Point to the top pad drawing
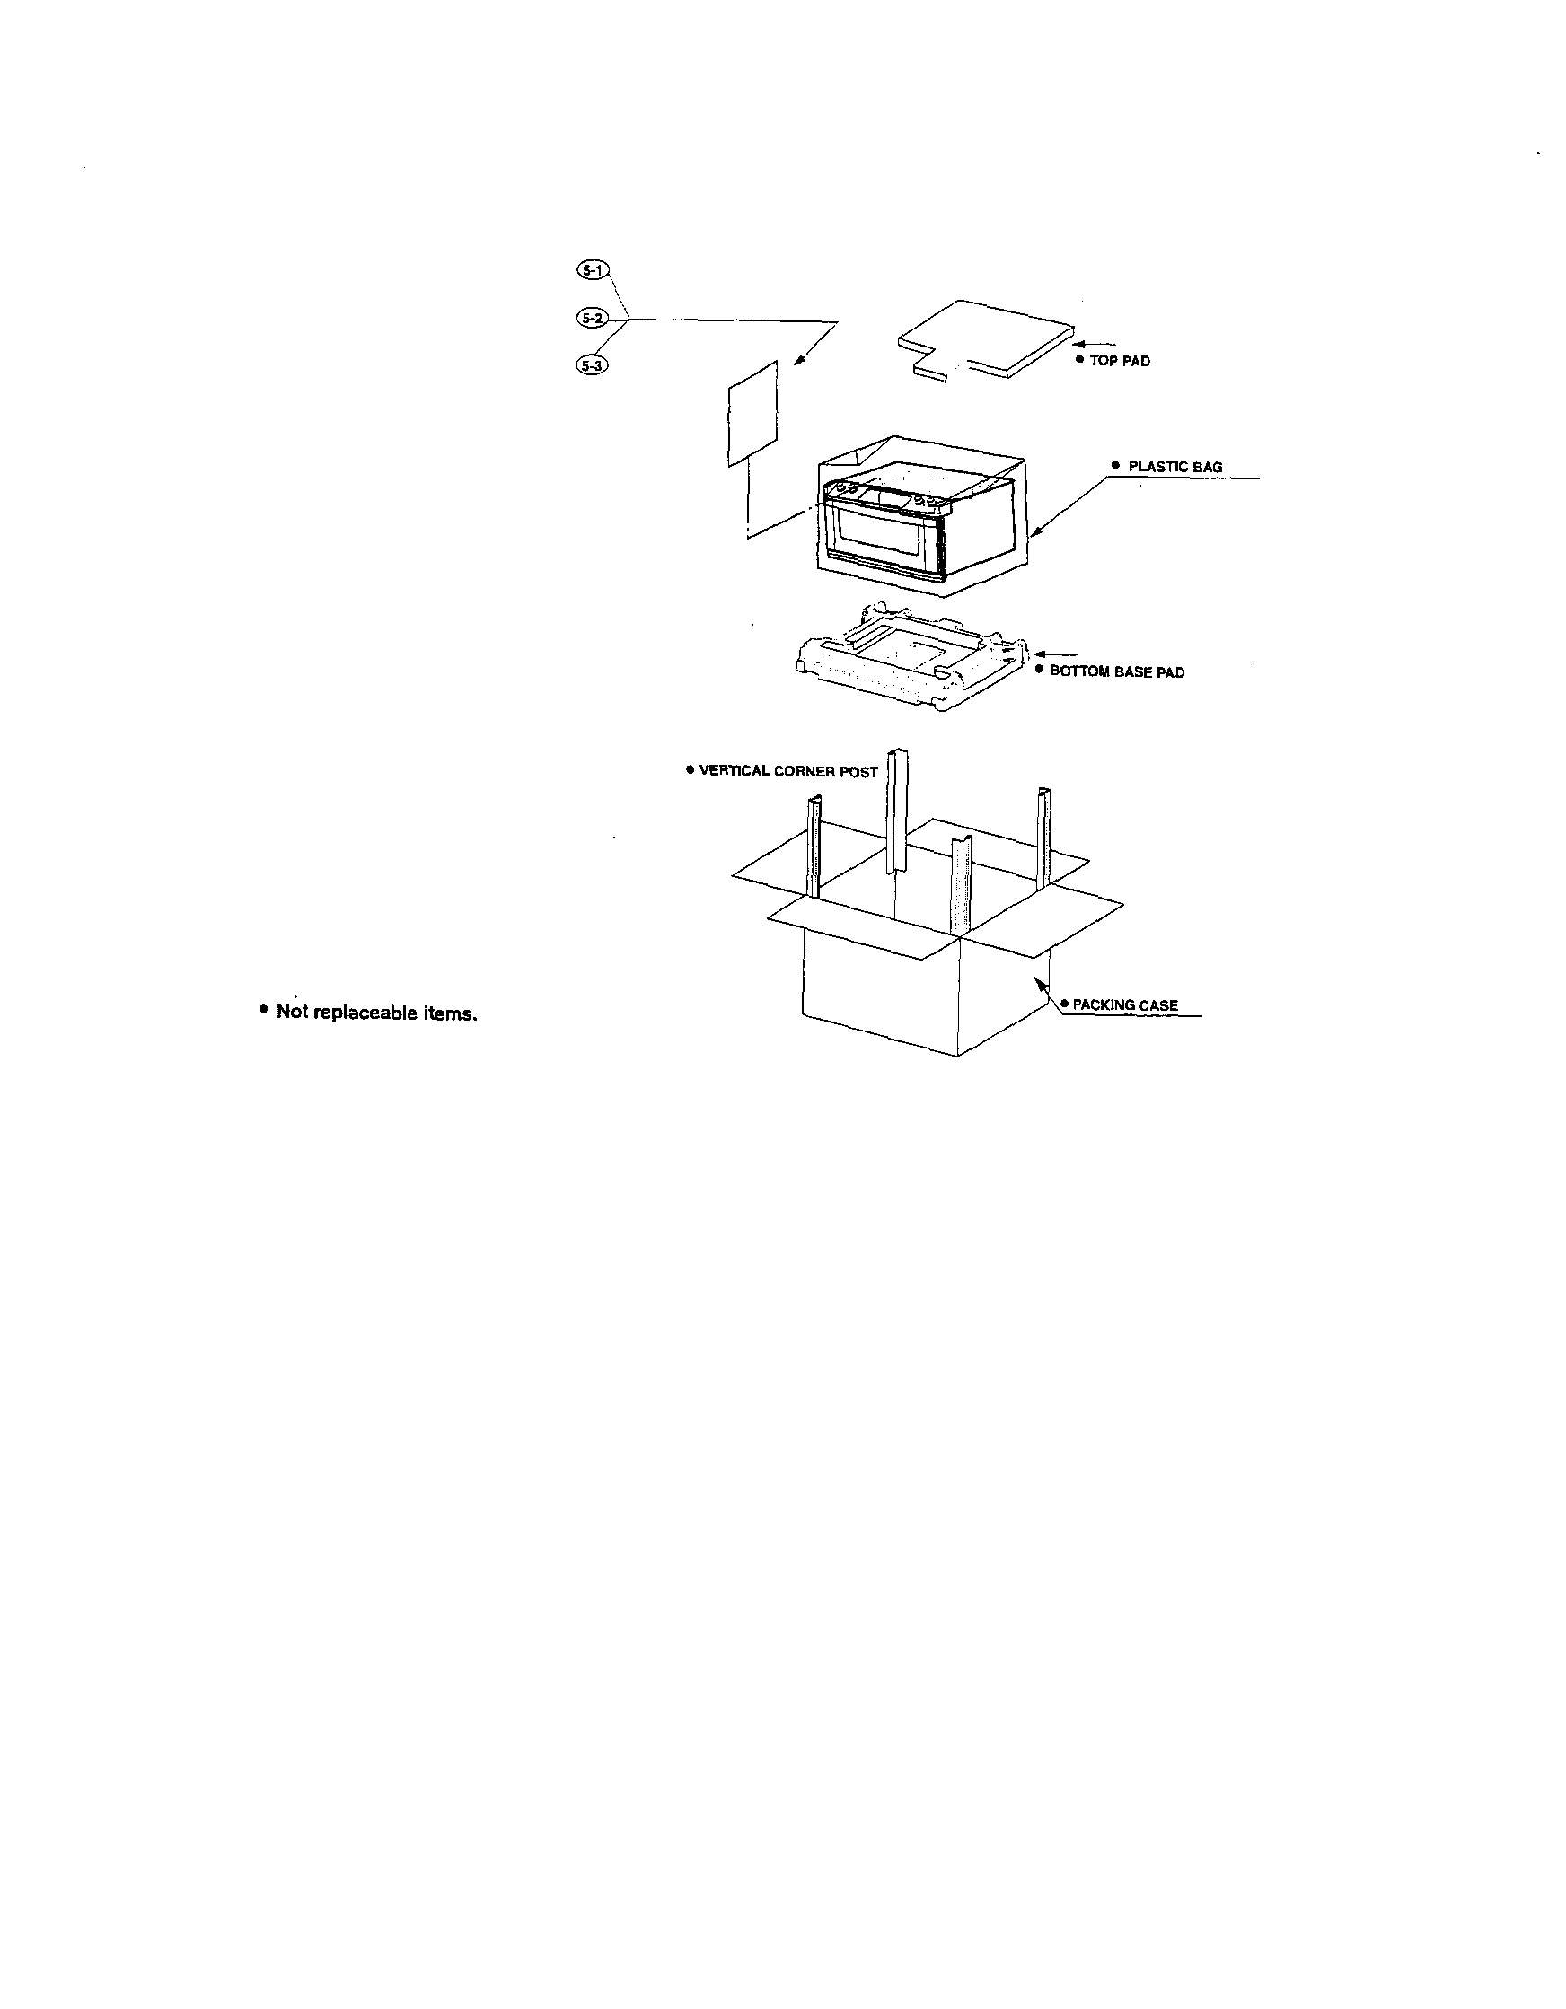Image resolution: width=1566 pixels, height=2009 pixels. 985,339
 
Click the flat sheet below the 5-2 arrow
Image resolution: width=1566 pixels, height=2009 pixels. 752,413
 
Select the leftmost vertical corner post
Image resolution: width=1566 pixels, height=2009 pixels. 814,847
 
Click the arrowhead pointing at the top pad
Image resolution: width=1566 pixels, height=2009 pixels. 1080,344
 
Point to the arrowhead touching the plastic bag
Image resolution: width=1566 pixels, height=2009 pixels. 1034,531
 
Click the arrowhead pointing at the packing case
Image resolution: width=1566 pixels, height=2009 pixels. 1041,982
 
